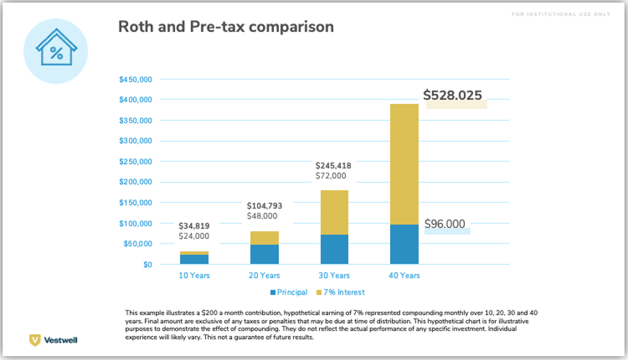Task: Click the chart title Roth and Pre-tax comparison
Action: click(x=226, y=27)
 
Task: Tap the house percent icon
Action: click(x=56, y=51)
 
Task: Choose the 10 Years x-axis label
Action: click(x=194, y=275)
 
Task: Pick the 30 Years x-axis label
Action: click(x=334, y=275)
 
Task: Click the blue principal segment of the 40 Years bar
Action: click(x=404, y=244)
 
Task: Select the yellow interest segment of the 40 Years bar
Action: click(x=404, y=164)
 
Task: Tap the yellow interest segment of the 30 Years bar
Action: click(x=334, y=213)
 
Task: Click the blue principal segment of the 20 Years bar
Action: click(x=264, y=254)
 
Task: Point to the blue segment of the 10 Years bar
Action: click(x=194, y=259)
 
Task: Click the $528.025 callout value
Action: click(x=453, y=95)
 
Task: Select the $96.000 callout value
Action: click(x=445, y=224)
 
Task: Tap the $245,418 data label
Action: click(x=333, y=166)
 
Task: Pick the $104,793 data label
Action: click(x=264, y=206)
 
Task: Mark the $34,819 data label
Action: click(x=194, y=226)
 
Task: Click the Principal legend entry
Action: click(x=289, y=292)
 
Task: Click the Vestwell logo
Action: click(x=53, y=340)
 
